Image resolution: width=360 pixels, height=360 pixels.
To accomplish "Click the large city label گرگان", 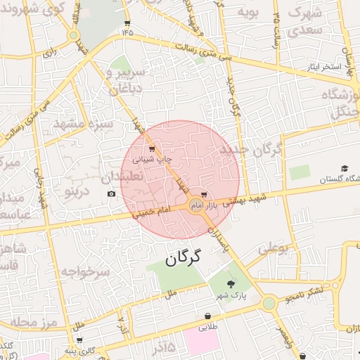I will (x=184, y=258).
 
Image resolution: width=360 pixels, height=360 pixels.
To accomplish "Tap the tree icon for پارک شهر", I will (x=231, y=283).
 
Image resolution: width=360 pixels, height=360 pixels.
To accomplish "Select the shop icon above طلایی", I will (x=208, y=316).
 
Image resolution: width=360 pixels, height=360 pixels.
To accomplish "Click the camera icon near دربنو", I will (x=111, y=193).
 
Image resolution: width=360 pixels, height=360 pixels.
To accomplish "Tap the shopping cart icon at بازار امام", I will (x=204, y=193).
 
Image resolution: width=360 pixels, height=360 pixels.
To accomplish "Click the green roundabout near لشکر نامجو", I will (x=268, y=304).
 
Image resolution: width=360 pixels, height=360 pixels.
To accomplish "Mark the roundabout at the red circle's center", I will (x=196, y=205).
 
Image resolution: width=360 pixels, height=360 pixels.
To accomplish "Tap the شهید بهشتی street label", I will (x=243, y=199).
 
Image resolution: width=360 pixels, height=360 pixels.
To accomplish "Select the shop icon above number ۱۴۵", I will (x=127, y=22).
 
